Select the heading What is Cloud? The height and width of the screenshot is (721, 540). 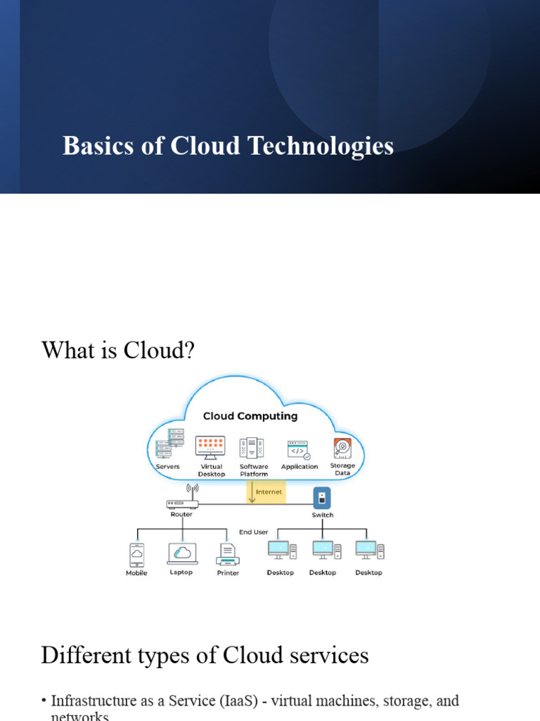click(x=117, y=349)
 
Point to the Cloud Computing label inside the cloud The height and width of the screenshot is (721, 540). click(x=250, y=416)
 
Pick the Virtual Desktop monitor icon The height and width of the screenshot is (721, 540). click(x=210, y=447)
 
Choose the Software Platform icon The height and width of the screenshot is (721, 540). click(x=252, y=448)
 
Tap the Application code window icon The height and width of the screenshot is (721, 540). click(x=298, y=450)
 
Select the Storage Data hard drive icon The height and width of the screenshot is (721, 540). click(x=342, y=448)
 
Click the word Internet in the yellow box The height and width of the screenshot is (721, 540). click(x=269, y=492)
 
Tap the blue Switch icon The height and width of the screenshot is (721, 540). click(x=321, y=498)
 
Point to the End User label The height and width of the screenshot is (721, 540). click(x=253, y=532)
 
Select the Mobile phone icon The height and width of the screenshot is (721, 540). click(x=136, y=554)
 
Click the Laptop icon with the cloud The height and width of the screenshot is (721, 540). click(x=182, y=553)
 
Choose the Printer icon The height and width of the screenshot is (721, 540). click(x=228, y=555)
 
